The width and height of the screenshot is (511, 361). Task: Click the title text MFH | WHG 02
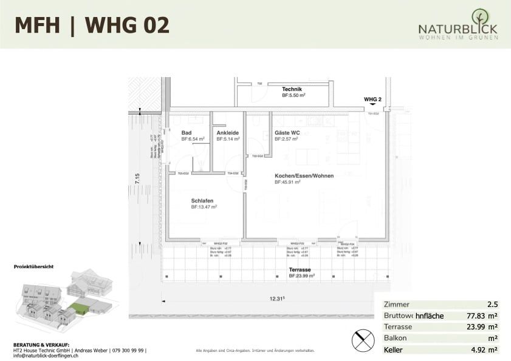coord(92,25)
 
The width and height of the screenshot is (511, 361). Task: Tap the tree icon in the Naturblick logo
coord(479,16)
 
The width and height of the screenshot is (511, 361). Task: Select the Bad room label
coord(186,133)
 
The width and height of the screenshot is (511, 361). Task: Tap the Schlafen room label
coord(202,201)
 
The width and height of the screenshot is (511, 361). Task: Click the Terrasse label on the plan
coord(300,269)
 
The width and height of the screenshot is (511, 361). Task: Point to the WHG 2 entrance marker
coord(372,99)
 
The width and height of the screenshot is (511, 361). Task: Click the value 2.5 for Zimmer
coord(492,305)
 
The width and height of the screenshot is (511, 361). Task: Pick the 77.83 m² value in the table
coord(482,316)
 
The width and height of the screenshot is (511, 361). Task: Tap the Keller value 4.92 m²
coord(484,350)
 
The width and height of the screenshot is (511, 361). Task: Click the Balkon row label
coord(396,339)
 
